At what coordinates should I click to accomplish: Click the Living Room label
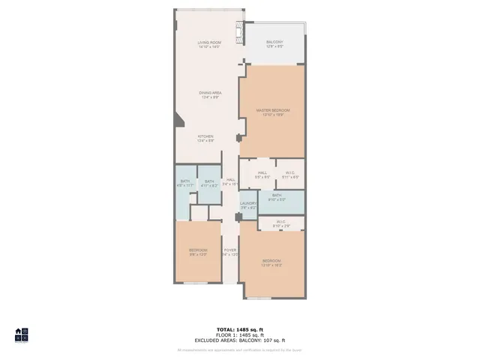pyautogui.click(x=208, y=44)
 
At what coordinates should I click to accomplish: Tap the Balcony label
pyautogui.click(x=274, y=44)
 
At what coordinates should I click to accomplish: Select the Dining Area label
pyautogui.click(x=210, y=95)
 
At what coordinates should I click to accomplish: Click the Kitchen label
pyautogui.click(x=205, y=138)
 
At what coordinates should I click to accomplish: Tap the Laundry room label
pyautogui.click(x=248, y=205)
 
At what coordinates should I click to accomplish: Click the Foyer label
pyautogui.click(x=229, y=252)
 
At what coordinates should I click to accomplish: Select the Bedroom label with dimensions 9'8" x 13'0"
pyautogui.click(x=198, y=252)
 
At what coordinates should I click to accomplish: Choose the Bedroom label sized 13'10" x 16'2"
pyautogui.click(x=271, y=262)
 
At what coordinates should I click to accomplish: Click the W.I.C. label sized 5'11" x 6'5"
pyautogui.click(x=291, y=175)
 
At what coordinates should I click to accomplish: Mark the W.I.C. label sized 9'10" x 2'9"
pyautogui.click(x=280, y=223)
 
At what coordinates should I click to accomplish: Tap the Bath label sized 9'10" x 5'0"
pyautogui.click(x=277, y=197)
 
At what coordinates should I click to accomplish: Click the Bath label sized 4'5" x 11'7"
pyautogui.click(x=185, y=183)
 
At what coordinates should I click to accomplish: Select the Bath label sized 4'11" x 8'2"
pyautogui.click(x=209, y=183)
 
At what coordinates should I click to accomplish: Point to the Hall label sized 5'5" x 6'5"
pyautogui.click(x=262, y=175)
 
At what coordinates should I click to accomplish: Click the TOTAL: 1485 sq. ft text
pyautogui.click(x=240, y=329)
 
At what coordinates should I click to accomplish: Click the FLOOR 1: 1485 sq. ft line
pyautogui.click(x=240, y=335)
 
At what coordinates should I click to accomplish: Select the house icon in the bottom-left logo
pyautogui.click(x=18, y=331)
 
